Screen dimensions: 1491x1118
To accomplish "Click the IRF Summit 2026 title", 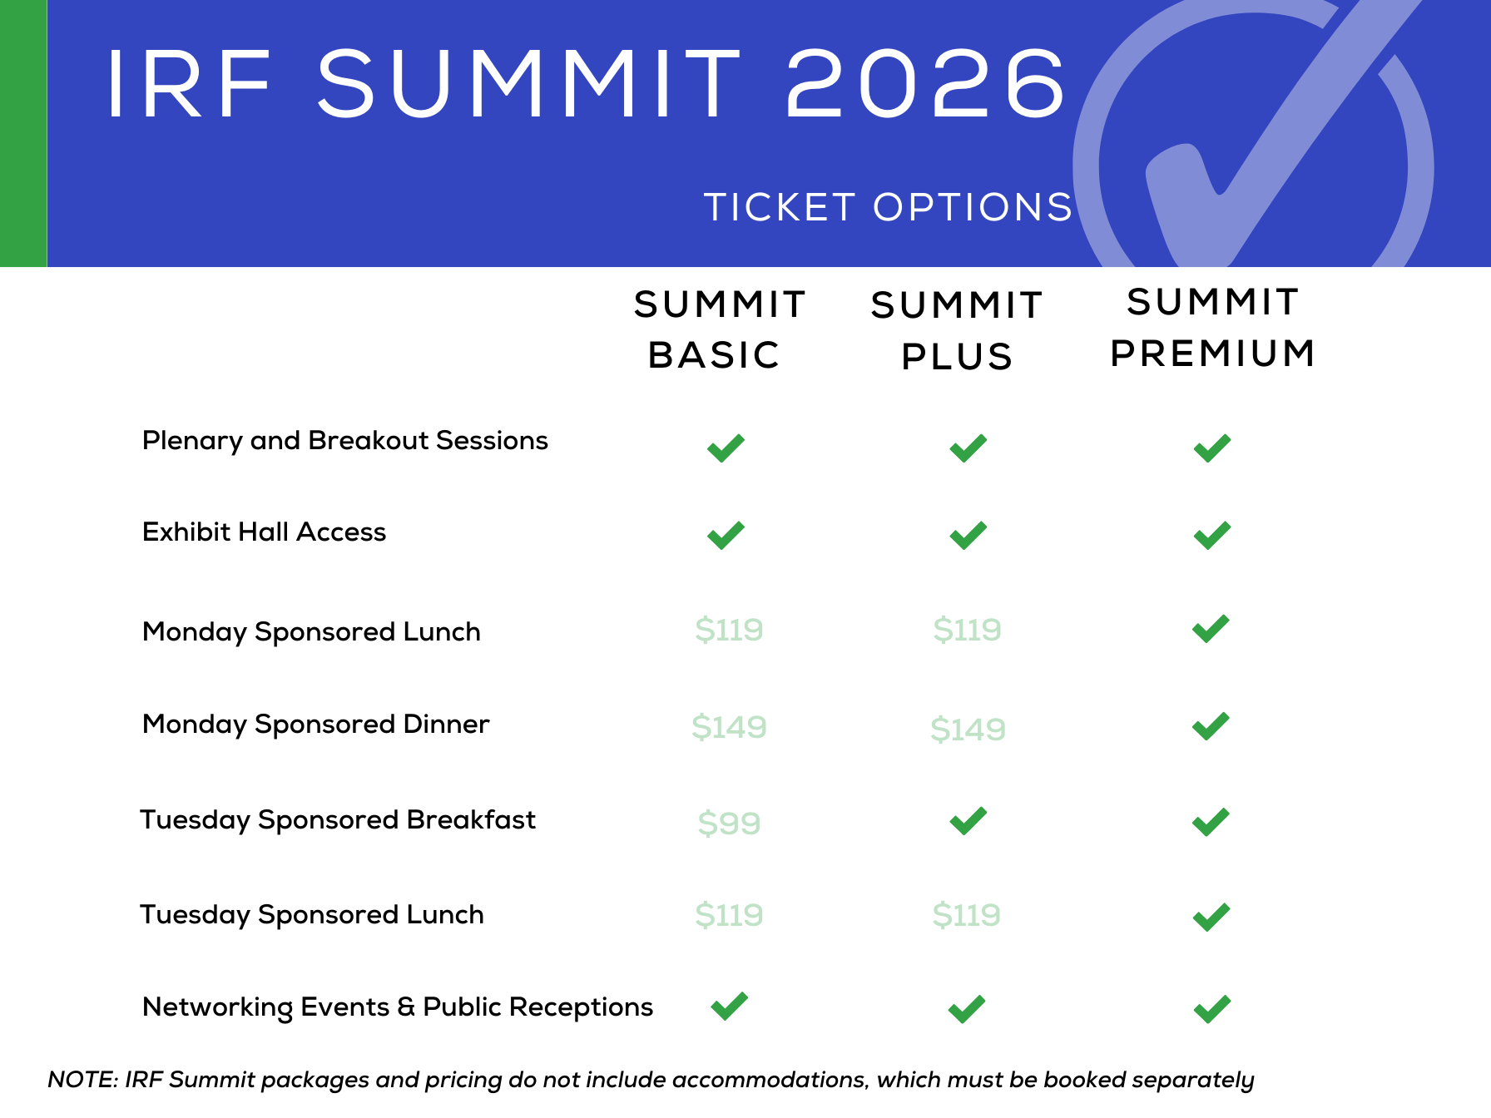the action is [586, 83].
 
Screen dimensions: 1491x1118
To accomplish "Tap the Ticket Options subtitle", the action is [889, 207].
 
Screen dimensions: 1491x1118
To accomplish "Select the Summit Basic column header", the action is [720, 329].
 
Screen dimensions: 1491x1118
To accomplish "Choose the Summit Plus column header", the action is [957, 331].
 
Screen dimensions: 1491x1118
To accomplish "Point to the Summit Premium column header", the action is [1213, 328].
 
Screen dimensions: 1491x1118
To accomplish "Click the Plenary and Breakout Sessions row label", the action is [345, 441].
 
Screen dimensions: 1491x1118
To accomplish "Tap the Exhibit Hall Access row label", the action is [265, 532].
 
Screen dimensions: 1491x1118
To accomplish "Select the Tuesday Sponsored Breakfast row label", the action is [338, 820].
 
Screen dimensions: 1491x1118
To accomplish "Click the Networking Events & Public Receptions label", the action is [398, 1007].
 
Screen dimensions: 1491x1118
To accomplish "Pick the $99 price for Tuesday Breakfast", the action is [729, 823].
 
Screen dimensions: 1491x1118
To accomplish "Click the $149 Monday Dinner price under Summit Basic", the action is [729, 727].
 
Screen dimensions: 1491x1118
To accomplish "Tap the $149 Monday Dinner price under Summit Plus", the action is [968, 730].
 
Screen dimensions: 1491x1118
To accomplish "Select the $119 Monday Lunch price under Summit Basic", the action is [729, 630].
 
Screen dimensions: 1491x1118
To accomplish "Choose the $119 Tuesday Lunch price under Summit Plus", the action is [966, 915].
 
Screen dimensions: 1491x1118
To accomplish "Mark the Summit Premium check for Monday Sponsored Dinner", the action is [1210, 727].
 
